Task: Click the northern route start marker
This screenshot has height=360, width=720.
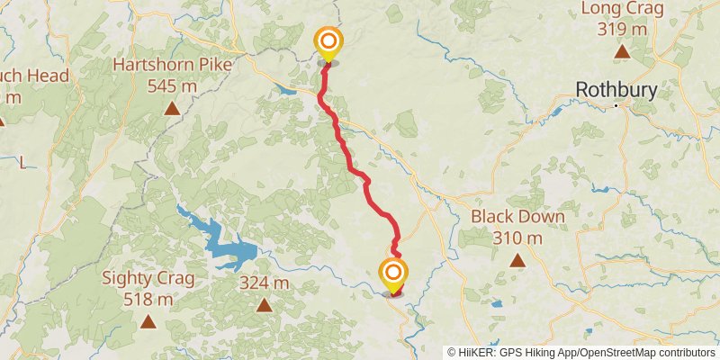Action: (x=328, y=41)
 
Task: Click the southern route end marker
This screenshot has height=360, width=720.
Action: (x=392, y=272)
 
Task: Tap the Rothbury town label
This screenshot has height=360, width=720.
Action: (x=616, y=90)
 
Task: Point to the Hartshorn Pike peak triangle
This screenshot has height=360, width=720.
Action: (x=171, y=109)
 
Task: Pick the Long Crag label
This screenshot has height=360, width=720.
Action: (x=622, y=10)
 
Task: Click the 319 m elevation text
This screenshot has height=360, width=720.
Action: (x=622, y=30)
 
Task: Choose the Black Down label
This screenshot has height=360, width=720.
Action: (x=517, y=217)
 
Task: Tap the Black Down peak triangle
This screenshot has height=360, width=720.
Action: (x=517, y=261)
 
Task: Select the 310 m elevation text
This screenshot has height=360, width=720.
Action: (x=517, y=238)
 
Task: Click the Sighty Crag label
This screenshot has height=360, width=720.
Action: (x=148, y=278)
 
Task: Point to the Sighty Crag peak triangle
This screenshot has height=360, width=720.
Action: (x=148, y=321)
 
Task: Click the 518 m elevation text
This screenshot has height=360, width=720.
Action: (x=148, y=300)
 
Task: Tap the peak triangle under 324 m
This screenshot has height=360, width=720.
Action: (x=264, y=305)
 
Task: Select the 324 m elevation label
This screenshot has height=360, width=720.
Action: (x=264, y=283)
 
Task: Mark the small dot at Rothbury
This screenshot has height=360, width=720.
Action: (x=616, y=105)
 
